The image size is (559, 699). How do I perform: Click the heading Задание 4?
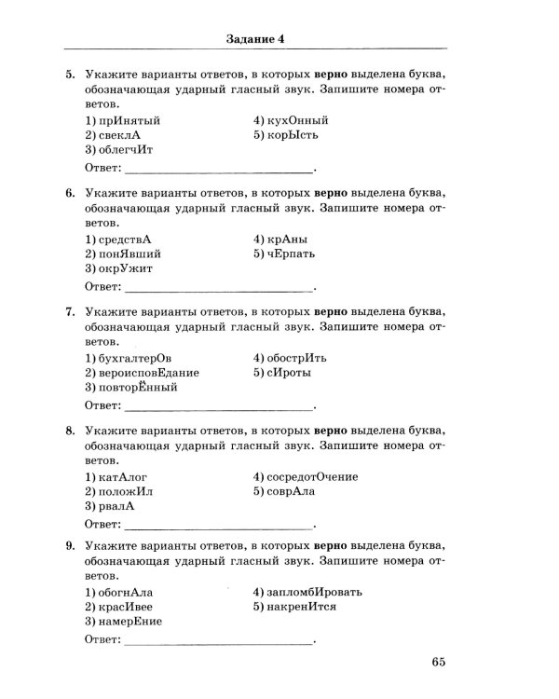click(255, 38)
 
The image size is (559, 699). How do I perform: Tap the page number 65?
click(439, 663)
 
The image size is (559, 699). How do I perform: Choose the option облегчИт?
click(118, 149)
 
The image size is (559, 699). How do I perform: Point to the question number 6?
click(70, 193)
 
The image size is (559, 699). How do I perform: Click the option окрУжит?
click(118, 268)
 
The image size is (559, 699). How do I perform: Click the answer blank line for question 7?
click(219, 407)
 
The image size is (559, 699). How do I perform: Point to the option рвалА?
click(110, 506)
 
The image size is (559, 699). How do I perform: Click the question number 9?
click(70, 550)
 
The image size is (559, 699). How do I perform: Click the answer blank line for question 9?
click(219, 642)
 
